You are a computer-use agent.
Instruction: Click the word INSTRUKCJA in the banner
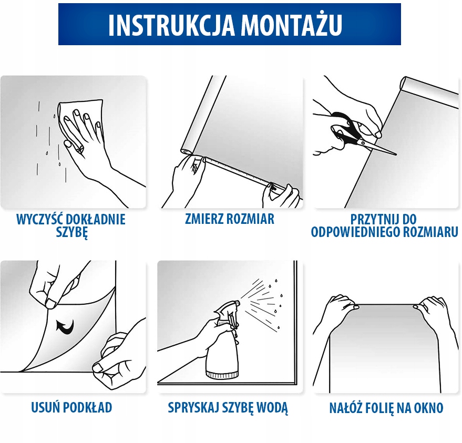tap(171, 25)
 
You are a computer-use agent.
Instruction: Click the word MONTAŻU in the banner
tap(291, 24)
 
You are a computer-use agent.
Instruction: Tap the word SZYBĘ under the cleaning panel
tap(72, 233)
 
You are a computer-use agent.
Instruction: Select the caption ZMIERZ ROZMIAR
tap(230, 219)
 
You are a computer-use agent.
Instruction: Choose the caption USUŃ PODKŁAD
tap(71, 407)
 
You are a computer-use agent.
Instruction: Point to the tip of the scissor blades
tap(396, 154)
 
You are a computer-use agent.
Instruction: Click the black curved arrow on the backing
tap(65, 327)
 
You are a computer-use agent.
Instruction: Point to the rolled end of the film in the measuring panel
tap(186, 150)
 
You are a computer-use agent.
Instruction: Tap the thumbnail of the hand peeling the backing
tap(51, 303)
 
